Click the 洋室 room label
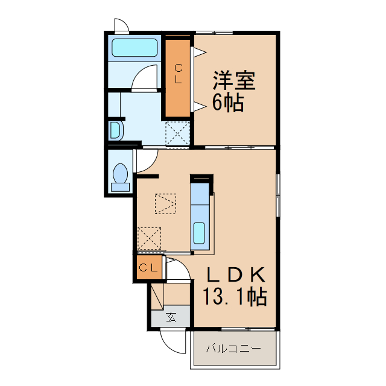coord(233,81)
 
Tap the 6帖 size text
coord(227,103)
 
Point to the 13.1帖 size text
coord(235,297)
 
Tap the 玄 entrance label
coord(171,317)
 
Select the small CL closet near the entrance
coord(148,268)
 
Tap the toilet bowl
coord(121,176)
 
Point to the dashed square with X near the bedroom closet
coord(177,132)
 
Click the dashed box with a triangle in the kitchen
coord(165,203)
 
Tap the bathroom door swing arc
coord(145,79)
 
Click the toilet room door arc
coord(145,160)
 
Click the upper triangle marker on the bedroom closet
coord(197,52)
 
